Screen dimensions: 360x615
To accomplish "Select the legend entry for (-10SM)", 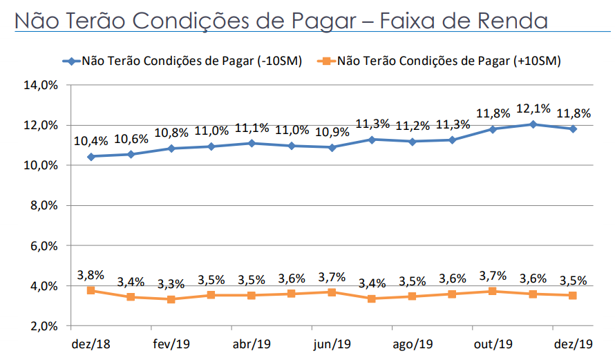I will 187,61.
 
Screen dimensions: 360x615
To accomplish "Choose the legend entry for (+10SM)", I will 442,61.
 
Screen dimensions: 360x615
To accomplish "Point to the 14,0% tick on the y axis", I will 42,86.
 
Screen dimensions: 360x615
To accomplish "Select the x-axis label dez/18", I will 90,343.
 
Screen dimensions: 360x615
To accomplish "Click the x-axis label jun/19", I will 332,343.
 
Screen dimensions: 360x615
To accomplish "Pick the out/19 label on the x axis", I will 493,343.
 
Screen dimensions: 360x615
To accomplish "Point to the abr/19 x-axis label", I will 252,343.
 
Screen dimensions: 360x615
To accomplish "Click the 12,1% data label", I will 533,108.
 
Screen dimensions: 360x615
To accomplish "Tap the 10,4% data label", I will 91,141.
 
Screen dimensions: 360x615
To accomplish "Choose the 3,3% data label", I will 171,283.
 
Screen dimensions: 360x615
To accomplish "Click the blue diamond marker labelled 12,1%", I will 533,124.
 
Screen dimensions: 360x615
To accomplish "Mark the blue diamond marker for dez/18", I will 91,156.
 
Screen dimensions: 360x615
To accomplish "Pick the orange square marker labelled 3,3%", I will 171,299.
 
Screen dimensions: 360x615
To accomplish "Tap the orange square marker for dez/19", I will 573,295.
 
